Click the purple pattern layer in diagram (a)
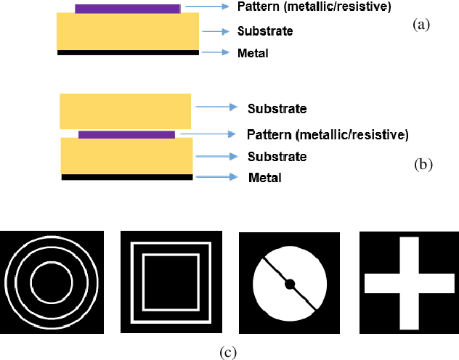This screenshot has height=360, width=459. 128,9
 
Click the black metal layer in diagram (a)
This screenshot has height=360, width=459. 128,53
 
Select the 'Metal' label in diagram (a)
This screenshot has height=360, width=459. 252,53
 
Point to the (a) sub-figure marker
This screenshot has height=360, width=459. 421,24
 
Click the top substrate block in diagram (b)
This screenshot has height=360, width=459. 126,111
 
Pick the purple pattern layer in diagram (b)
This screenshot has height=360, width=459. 126,135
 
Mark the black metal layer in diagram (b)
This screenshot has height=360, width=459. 127,176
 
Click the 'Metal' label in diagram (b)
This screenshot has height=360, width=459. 265,178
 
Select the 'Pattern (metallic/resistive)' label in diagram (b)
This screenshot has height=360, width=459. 328,135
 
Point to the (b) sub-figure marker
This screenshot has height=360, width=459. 423,164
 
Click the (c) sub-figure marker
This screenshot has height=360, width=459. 228,353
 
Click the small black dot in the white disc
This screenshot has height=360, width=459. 290,283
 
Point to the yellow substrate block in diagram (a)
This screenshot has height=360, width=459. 128,31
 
